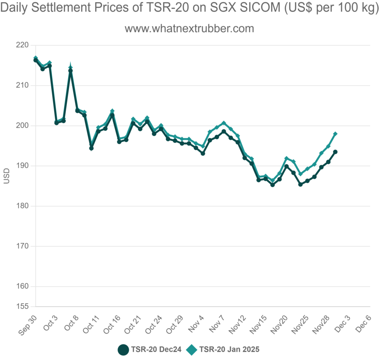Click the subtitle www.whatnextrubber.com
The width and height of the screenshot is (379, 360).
tap(189, 29)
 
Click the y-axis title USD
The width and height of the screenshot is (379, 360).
tap(6, 176)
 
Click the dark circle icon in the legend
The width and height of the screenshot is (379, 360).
tap(123, 350)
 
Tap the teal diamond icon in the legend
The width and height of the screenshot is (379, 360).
tap(192, 350)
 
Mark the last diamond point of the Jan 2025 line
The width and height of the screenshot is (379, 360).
tap(335, 134)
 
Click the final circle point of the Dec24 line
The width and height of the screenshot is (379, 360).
tap(335, 152)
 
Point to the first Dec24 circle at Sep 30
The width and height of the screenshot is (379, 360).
tap(36, 60)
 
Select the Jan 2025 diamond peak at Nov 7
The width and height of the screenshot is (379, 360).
tap(224, 123)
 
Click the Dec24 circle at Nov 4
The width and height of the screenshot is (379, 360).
tap(203, 154)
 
